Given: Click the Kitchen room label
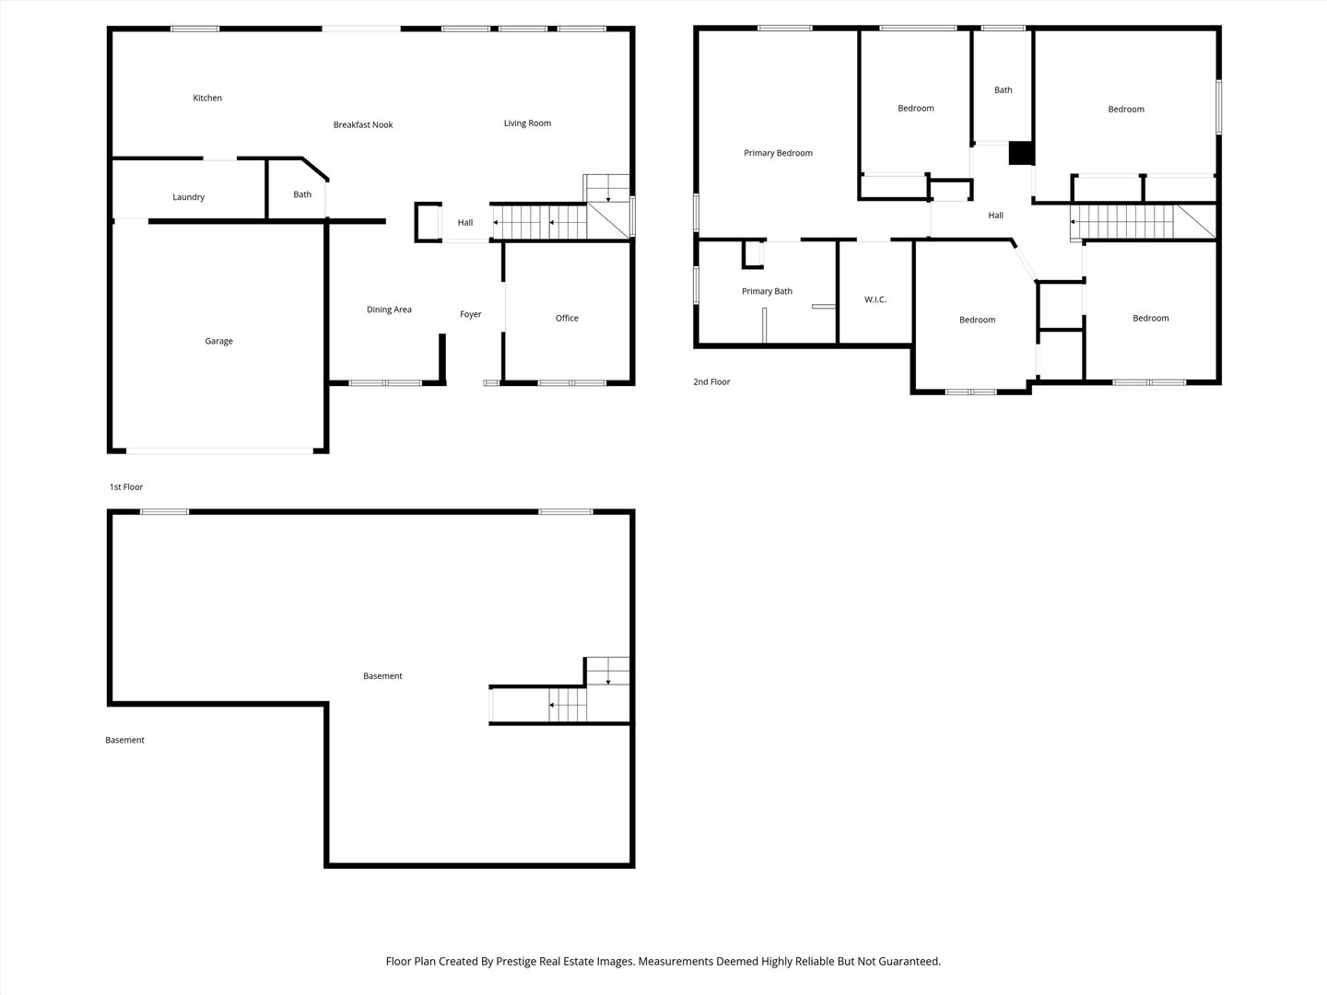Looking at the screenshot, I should click(207, 98).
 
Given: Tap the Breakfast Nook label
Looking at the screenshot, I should click(363, 124).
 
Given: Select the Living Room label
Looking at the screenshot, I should click(527, 123).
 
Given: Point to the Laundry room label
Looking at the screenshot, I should click(189, 197).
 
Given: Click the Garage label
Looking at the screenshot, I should click(218, 341).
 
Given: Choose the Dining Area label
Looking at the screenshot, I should click(389, 310).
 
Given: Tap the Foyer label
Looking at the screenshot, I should click(471, 314).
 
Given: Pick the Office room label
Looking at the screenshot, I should click(567, 318).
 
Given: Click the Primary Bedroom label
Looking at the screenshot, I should click(778, 153).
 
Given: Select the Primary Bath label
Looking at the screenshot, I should click(767, 291).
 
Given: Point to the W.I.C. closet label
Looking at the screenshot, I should click(875, 299).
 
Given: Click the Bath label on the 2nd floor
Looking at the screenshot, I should click(1004, 90).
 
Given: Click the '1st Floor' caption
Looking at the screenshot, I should click(126, 486).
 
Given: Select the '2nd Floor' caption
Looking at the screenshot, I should click(711, 381).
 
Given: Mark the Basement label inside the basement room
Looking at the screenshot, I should click(382, 676).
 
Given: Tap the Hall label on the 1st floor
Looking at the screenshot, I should click(465, 223).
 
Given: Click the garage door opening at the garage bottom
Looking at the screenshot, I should click(219, 451).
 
